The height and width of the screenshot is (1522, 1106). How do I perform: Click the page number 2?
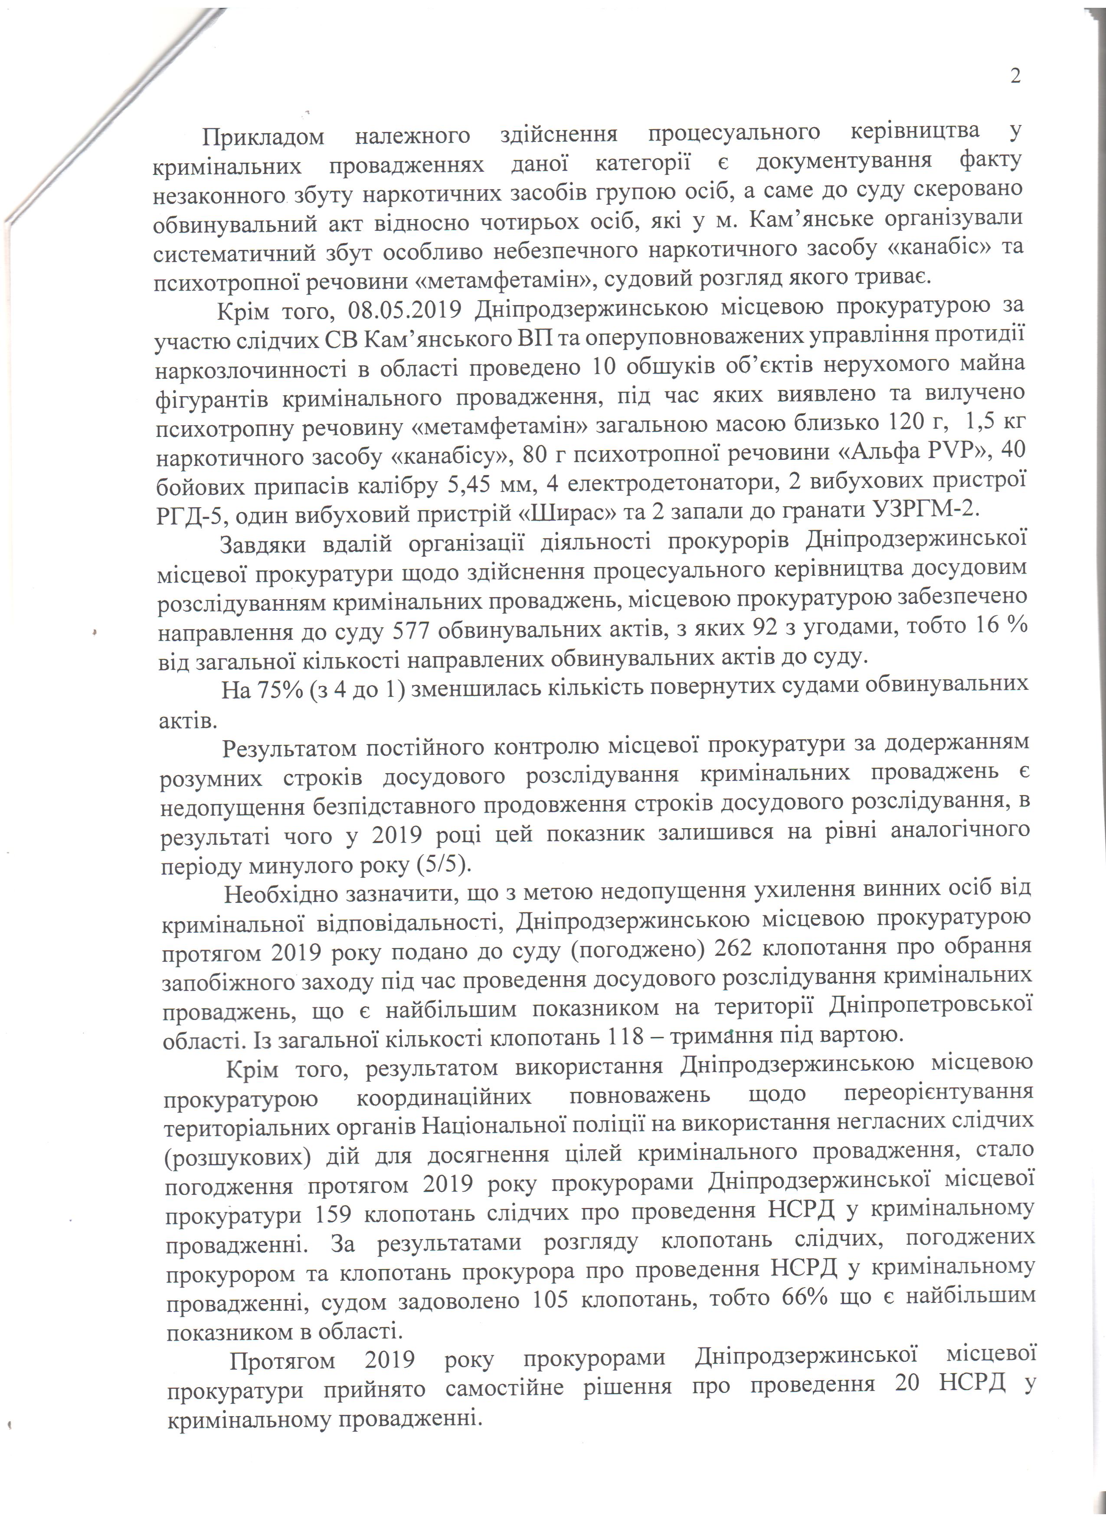point(1015,76)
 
